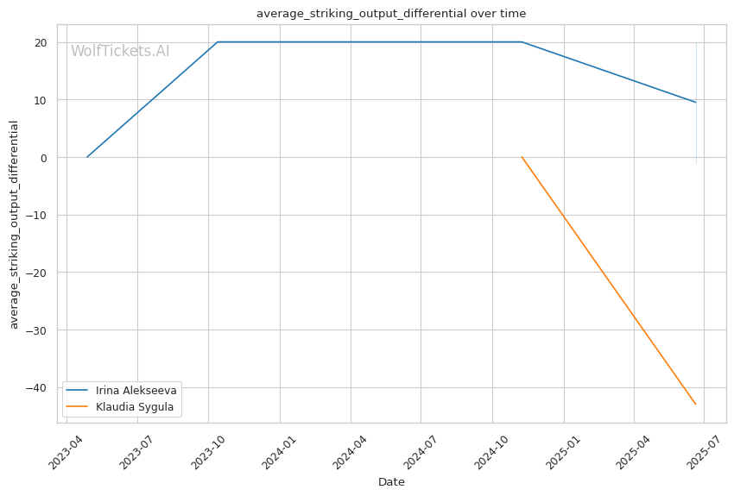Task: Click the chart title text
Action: [391, 14]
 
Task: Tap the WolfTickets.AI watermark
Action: [120, 52]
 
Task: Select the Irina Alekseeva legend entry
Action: [136, 391]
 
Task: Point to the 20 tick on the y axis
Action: [40, 42]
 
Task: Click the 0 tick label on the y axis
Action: [43, 158]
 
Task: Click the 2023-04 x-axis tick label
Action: [66, 451]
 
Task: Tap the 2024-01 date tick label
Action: [279, 451]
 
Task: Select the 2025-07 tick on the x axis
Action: [704, 451]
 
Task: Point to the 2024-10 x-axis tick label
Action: [491, 451]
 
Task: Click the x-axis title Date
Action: [391, 482]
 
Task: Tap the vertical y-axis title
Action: [15, 224]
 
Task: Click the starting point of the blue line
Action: [87, 157]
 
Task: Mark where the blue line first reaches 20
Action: [218, 41]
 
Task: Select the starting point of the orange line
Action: [522, 157]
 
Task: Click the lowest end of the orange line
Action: [696, 405]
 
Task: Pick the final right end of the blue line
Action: [696, 103]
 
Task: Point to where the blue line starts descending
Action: [522, 41]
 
